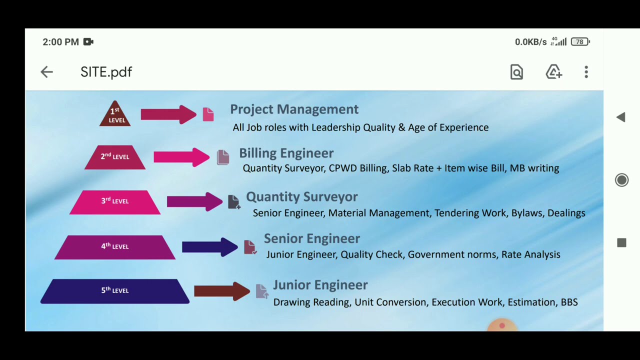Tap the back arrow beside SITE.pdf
46,72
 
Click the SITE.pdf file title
106,72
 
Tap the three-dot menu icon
586,72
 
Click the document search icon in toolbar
516,72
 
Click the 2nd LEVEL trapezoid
115,157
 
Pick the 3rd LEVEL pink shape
115,201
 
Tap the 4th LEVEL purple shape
115,247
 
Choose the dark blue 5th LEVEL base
115,291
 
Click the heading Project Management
294,109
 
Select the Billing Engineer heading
286,153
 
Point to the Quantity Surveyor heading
301,196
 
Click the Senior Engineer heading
311,238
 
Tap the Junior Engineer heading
320,285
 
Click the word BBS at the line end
569,302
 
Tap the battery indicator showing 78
580,42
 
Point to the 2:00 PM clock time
60,42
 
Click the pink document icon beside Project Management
208,114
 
